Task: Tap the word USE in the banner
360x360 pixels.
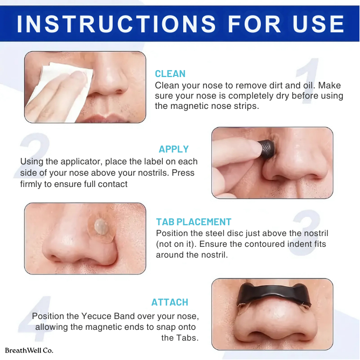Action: (x=319, y=24)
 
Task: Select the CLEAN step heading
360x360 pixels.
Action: (x=170, y=74)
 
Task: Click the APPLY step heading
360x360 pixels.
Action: (x=174, y=149)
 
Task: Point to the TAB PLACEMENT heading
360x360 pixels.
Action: (x=193, y=222)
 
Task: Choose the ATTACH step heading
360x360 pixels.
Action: (x=170, y=302)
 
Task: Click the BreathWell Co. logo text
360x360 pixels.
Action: (x=29, y=351)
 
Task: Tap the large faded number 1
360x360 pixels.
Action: (x=308, y=80)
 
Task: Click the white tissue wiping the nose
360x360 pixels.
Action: (x=60, y=92)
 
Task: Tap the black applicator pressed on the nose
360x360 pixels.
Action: (x=266, y=149)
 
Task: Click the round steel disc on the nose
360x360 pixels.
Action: (x=101, y=227)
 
